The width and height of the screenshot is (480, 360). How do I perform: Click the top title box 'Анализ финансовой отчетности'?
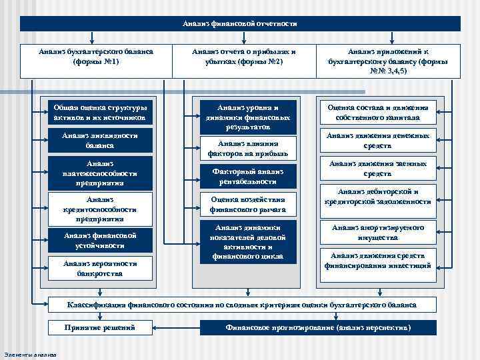(240, 23)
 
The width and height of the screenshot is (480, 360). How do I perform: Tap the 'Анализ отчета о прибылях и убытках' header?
(244, 57)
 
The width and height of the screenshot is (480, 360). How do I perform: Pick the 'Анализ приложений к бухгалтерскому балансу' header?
(388, 61)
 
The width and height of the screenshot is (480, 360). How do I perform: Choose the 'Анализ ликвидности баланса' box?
(100, 140)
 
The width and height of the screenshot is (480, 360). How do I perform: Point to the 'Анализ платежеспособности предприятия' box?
(100, 173)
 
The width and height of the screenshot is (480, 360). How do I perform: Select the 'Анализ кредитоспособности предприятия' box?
(100, 208)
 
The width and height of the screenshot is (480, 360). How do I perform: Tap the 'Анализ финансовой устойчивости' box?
(100, 240)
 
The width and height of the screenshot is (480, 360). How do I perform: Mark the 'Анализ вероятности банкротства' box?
(100, 268)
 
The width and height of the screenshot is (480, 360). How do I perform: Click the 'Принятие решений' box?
(100, 328)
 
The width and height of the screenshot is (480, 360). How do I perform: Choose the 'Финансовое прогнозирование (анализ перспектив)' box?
(319, 328)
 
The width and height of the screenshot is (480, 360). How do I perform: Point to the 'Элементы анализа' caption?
(30, 354)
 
